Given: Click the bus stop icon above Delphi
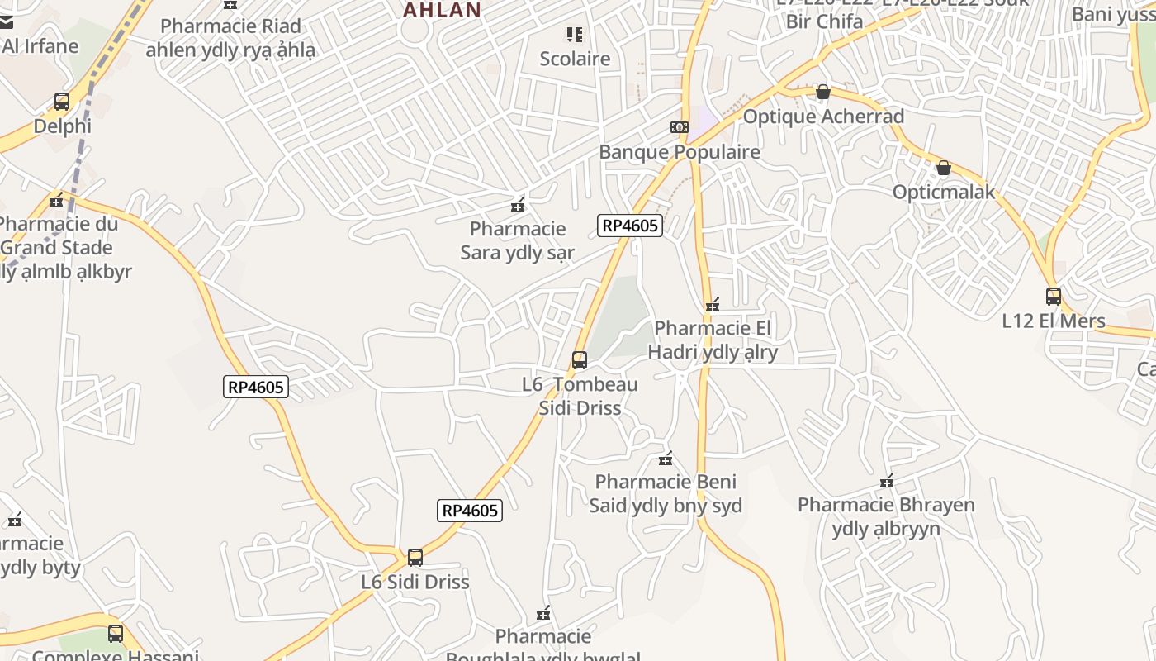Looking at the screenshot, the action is click(62, 102).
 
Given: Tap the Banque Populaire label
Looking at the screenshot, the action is click(679, 152).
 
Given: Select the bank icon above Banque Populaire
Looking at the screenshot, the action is click(679, 127).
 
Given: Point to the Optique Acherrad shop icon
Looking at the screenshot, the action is click(822, 92).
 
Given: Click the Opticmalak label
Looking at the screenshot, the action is click(944, 193).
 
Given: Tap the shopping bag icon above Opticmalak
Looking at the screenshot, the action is click(944, 169).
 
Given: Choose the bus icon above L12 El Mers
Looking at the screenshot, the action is click(1053, 296).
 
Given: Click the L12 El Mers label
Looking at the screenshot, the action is click(1053, 321).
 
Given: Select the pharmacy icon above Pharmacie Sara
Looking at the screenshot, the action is click(518, 205).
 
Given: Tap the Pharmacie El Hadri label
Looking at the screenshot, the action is click(712, 340).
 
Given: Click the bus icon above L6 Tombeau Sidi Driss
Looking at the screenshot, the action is click(580, 360).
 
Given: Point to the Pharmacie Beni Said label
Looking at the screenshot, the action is click(666, 493).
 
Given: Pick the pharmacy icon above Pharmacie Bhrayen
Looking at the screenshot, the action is click(887, 481).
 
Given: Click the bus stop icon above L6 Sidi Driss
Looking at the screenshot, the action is click(415, 558).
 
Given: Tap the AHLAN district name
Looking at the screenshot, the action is click(442, 10).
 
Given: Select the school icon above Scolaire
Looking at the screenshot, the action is click(575, 35).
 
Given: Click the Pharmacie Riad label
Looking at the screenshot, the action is click(230, 38).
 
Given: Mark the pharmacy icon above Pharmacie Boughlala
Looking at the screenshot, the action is click(543, 613).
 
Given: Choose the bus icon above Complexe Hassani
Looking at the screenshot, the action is click(116, 634).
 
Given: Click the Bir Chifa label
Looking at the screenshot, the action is click(824, 21).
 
